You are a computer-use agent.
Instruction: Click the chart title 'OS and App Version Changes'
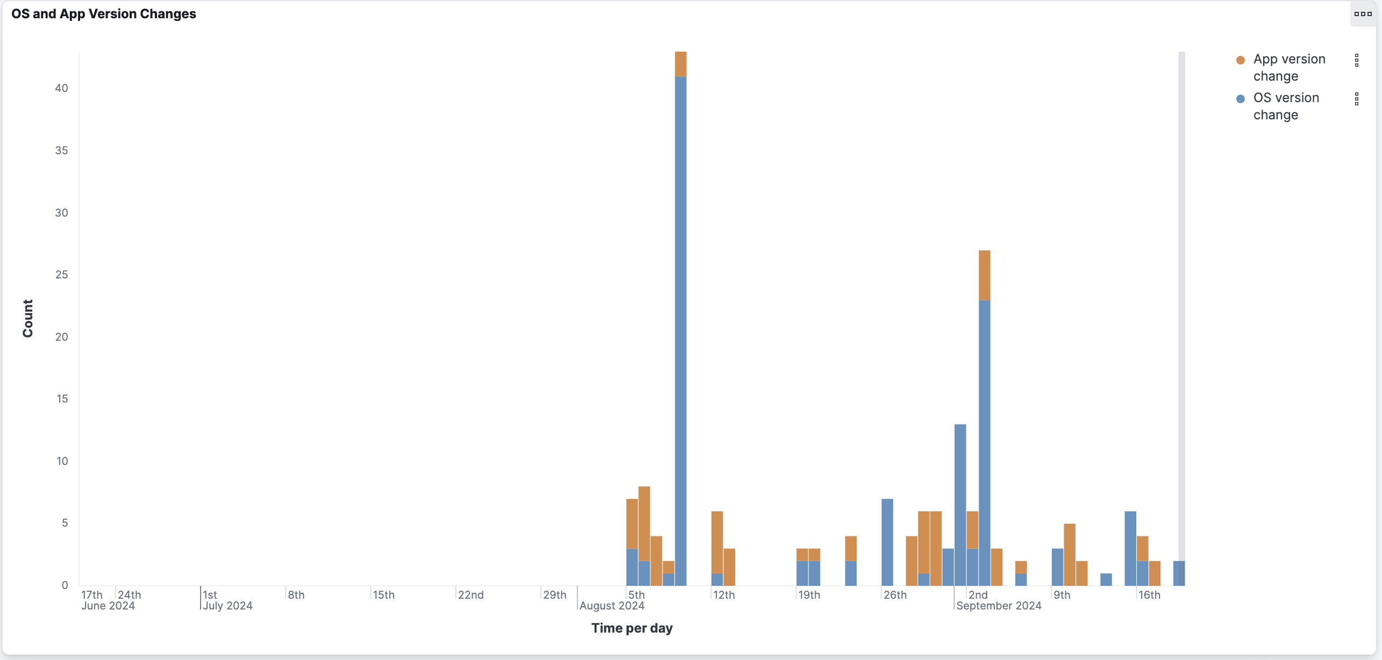[x=104, y=14]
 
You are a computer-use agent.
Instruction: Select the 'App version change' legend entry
[x=1288, y=67]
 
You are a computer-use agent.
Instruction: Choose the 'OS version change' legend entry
[x=1285, y=106]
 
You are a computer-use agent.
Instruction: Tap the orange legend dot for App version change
[x=1240, y=60]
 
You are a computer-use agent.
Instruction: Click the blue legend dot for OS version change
[x=1240, y=99]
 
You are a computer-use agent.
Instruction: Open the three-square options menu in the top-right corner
[x=1363, y=14]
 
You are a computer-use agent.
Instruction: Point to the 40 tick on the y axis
[x=61, y=88]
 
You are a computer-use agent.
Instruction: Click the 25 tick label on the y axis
[x=61, y=275]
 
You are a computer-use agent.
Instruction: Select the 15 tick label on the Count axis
[x=61, y=399]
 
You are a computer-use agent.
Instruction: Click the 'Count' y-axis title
[x=28, y=318]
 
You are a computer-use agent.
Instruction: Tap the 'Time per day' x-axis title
[x=632, y=628]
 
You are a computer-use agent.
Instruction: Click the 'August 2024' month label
[x=612, y=606]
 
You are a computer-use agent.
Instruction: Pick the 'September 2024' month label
[x=999, y=606]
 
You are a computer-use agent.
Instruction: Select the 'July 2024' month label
[x=227, y=606]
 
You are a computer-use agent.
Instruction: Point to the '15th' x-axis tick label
[x=383, y=595]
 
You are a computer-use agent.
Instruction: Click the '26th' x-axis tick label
[x=895, y=595]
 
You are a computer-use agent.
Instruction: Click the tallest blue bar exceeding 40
[x=680, y=322]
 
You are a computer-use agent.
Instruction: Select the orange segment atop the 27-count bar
[x=984, y=275]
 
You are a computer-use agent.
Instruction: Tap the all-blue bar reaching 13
[x=960, y=505]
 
